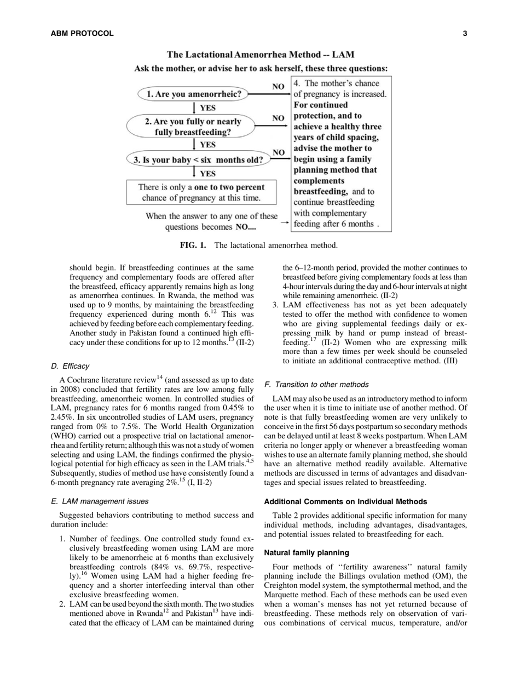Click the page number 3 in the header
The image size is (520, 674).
pyautogui.click(x=465, y=33)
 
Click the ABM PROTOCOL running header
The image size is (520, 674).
pyautogui.click(x=82, y=33)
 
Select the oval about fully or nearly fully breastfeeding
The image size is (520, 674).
pyautogui.click(x=192, y=127)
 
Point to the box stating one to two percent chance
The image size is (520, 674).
pyautogui.click(x=201, y=192)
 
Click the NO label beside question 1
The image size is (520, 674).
pyautogui.click(x=278, y=87)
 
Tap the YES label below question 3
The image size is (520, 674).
pyautogui.click(x=207, y=174)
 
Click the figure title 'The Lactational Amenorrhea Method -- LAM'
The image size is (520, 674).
pyautogui.click(x=260, y=55)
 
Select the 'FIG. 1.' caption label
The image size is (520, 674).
pyautogui.click(x=193, y=245)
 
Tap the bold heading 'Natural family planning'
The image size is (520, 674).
pyautogui.click(x=307, y=553)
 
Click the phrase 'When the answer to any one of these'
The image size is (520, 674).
pyautogui.click(x=211, y=216)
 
